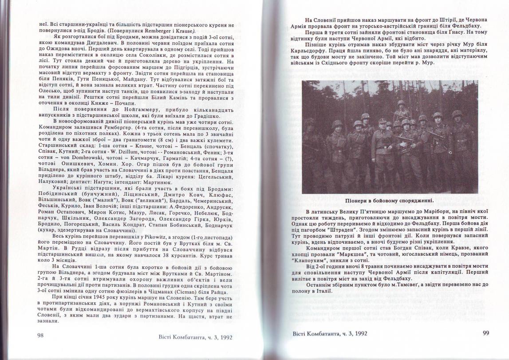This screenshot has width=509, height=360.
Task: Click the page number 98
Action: coord(41,336)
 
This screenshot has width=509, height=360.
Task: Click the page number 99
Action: coord(486,332)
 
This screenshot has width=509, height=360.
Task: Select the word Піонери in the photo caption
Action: coord(359,200)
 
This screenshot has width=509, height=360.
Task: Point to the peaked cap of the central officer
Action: coord(382,121)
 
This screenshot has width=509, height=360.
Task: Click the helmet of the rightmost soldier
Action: coord(457,114)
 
